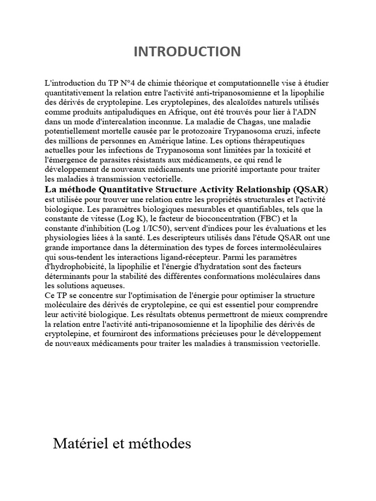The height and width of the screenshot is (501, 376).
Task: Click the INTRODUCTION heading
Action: point(188,51)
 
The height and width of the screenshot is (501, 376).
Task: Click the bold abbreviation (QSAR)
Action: point(309,189)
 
